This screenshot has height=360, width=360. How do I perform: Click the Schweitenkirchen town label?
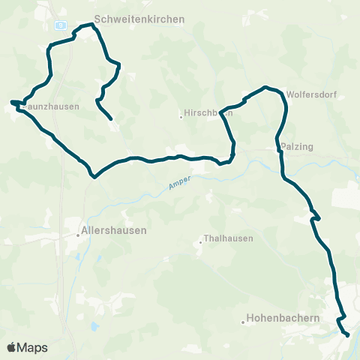pos(139,19)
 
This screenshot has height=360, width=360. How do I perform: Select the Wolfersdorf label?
pos(310,94)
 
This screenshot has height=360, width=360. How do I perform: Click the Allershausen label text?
pos(114,230)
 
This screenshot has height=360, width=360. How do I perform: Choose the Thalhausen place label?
pos(229,238)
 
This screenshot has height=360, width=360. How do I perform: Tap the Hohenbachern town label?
pos(284,318)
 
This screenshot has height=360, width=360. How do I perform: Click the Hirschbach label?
pos(208,114)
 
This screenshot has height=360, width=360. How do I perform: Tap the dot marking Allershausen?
pos(77,235)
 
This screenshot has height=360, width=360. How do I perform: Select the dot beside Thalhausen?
pos(202,241)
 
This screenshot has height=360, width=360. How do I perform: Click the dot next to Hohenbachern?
pos(244,322)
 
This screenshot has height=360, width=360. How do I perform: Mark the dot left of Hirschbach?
pos(181,116)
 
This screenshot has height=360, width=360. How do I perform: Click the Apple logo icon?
pos(11,348)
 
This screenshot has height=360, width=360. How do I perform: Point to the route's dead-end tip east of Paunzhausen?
pos(112,118)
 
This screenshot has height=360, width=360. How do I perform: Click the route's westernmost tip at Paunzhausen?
pos(11,101)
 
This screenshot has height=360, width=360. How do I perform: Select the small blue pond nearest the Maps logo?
pos(95,328)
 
